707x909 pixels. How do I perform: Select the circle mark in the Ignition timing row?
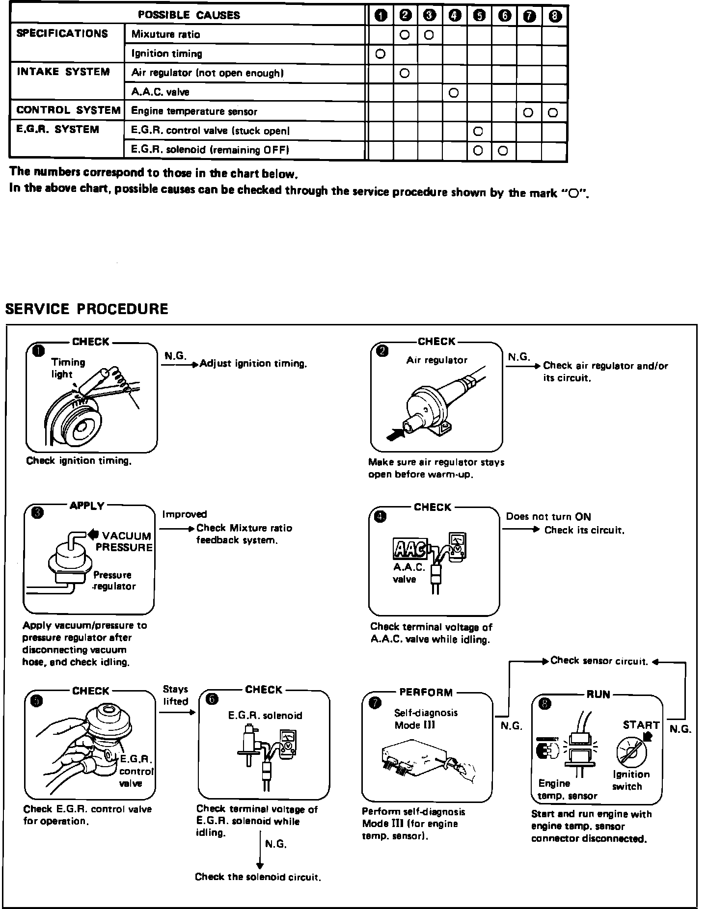tap(380, 54)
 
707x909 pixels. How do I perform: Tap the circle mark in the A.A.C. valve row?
tap(454, 92)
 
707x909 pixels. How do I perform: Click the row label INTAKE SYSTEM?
tap(63, 72)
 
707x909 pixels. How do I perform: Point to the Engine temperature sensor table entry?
tap(194, 111)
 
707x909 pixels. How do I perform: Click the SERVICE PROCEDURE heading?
tap(86, 309)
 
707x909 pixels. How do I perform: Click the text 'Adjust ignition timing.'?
tap(253, 364)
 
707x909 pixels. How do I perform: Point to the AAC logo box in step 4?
tap(409, 549)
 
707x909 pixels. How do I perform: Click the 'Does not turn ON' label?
tap(548, 516)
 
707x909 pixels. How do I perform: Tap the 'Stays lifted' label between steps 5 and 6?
tap(176, 695)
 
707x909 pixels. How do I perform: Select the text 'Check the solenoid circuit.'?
tap(258, 877)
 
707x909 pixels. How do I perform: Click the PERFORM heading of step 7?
tap(426, 693)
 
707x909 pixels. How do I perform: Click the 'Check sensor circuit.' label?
tap(599, 661)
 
